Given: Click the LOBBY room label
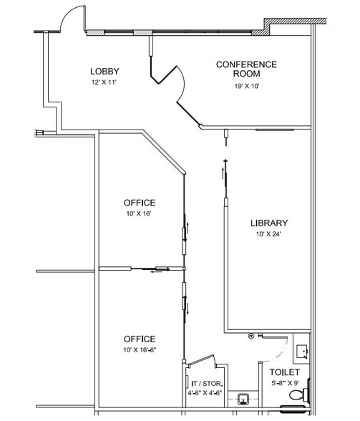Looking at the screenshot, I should (104, 71).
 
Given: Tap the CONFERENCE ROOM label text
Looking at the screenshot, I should (246, 69).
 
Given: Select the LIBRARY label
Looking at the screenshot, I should (268, 223).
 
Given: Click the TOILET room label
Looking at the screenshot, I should (284, 372).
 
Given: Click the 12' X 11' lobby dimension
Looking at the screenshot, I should (104, 82).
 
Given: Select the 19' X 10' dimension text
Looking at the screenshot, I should (246, 87).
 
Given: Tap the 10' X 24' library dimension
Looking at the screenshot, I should (268, 234).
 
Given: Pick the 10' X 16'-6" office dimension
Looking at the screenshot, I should (139, 350).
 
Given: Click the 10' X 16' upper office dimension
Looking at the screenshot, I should (139, 213).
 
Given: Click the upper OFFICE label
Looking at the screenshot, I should (139, 203).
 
